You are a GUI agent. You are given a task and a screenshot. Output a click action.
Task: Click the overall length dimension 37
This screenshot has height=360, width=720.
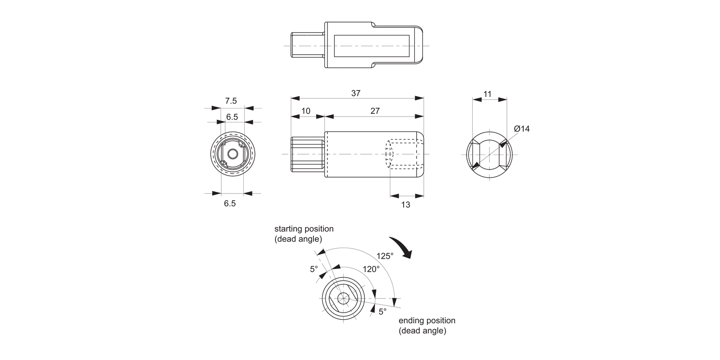(356, 93)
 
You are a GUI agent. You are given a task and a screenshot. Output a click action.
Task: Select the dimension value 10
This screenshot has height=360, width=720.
(305, 111)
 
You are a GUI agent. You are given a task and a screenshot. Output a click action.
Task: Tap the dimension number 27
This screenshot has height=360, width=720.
(375, 111)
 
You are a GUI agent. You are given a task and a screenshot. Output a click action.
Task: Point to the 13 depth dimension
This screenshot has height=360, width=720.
(406, 204)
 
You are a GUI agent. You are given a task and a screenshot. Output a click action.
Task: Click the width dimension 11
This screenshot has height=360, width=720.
(487, 95)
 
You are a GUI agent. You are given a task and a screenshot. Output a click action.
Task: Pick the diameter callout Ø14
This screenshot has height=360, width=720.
(521, 129)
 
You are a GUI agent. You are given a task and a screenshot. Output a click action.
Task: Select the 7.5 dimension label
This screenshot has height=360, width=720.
(231, 101)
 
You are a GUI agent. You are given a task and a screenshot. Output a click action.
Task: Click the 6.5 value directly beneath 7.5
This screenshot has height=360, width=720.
(232, 117)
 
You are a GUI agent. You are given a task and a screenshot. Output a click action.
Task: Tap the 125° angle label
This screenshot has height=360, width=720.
(384, 256)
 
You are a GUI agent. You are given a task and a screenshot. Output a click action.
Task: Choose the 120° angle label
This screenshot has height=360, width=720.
(371, 269)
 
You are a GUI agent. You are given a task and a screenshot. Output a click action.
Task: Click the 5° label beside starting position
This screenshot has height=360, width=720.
(314, 269)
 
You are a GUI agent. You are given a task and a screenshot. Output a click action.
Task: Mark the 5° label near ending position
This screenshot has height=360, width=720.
(382, 312)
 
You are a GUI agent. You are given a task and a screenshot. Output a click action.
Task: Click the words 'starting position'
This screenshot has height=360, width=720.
(303, 229)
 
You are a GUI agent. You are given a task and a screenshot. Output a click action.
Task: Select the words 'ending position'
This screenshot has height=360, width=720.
(427, 321)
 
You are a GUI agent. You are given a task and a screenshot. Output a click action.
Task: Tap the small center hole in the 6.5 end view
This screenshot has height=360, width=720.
(232, 154)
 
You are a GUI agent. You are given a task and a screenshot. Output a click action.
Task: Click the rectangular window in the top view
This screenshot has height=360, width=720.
(372, 46)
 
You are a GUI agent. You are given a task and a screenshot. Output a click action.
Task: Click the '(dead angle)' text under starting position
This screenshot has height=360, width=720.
(298, 239)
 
